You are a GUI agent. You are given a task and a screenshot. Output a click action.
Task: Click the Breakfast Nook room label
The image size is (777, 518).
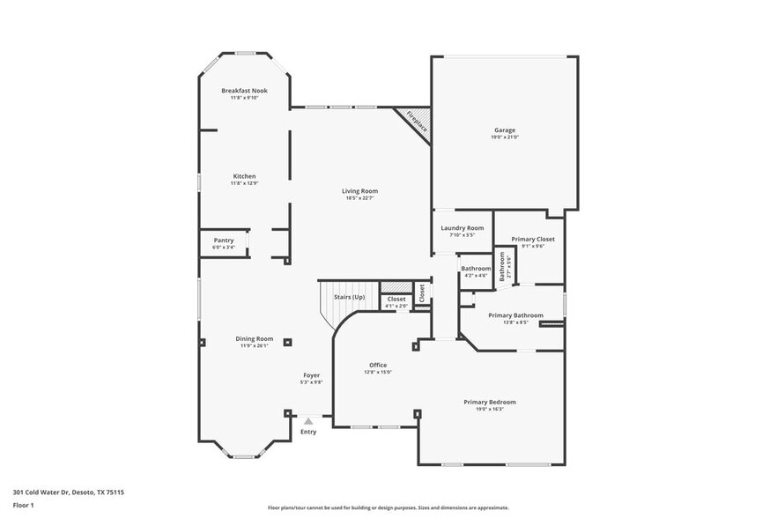(x=244, y=91)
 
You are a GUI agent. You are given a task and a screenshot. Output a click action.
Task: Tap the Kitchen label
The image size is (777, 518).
(x=244, y=176)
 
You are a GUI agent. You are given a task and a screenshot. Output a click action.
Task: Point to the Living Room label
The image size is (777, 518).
(x=360, y=191)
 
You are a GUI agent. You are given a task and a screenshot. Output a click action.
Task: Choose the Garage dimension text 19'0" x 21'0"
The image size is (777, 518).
(x=505, y=137)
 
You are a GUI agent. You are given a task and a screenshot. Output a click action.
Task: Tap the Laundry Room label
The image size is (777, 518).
(x=462, y=228)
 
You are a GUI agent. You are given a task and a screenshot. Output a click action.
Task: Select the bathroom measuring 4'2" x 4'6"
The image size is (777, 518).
(x=476, y=272)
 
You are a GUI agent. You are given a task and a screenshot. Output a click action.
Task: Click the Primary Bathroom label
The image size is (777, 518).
(x=515, y=315)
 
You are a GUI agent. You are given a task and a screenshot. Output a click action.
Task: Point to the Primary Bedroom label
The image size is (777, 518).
(x=490, y=402)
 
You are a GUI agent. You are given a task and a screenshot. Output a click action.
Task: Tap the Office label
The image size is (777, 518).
(x=378, y=365)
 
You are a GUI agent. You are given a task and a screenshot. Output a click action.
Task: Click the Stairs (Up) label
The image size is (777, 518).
(x=349, y=297)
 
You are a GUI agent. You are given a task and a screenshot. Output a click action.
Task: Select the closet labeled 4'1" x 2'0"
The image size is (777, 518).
(x=396, y=302)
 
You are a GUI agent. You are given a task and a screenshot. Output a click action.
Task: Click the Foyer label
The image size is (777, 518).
(x=312, y=375)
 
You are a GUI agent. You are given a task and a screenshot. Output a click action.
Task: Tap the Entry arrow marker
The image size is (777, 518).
(x=307, y=421)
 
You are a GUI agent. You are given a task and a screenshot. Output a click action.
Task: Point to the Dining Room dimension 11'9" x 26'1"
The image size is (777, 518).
(x=254, y=346)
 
